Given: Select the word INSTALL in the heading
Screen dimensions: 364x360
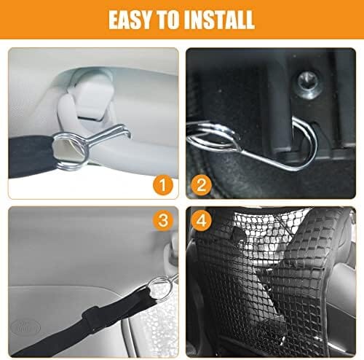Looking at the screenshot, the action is [x=220, y=20].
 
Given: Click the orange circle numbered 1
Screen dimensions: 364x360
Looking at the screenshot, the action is [x=163, y=186].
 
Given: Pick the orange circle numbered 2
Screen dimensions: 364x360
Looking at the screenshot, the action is [x=201, y=186].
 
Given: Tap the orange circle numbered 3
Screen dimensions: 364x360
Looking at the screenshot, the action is [x=163, y=221].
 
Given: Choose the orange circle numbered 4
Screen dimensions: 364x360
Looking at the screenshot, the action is [x=201, y=221].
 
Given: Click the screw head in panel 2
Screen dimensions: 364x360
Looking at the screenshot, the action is [x=308, y=85].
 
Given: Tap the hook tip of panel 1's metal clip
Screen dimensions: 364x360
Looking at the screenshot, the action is [x=128, y=133].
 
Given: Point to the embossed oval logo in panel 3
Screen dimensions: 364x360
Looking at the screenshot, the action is [x=25, y=328].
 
